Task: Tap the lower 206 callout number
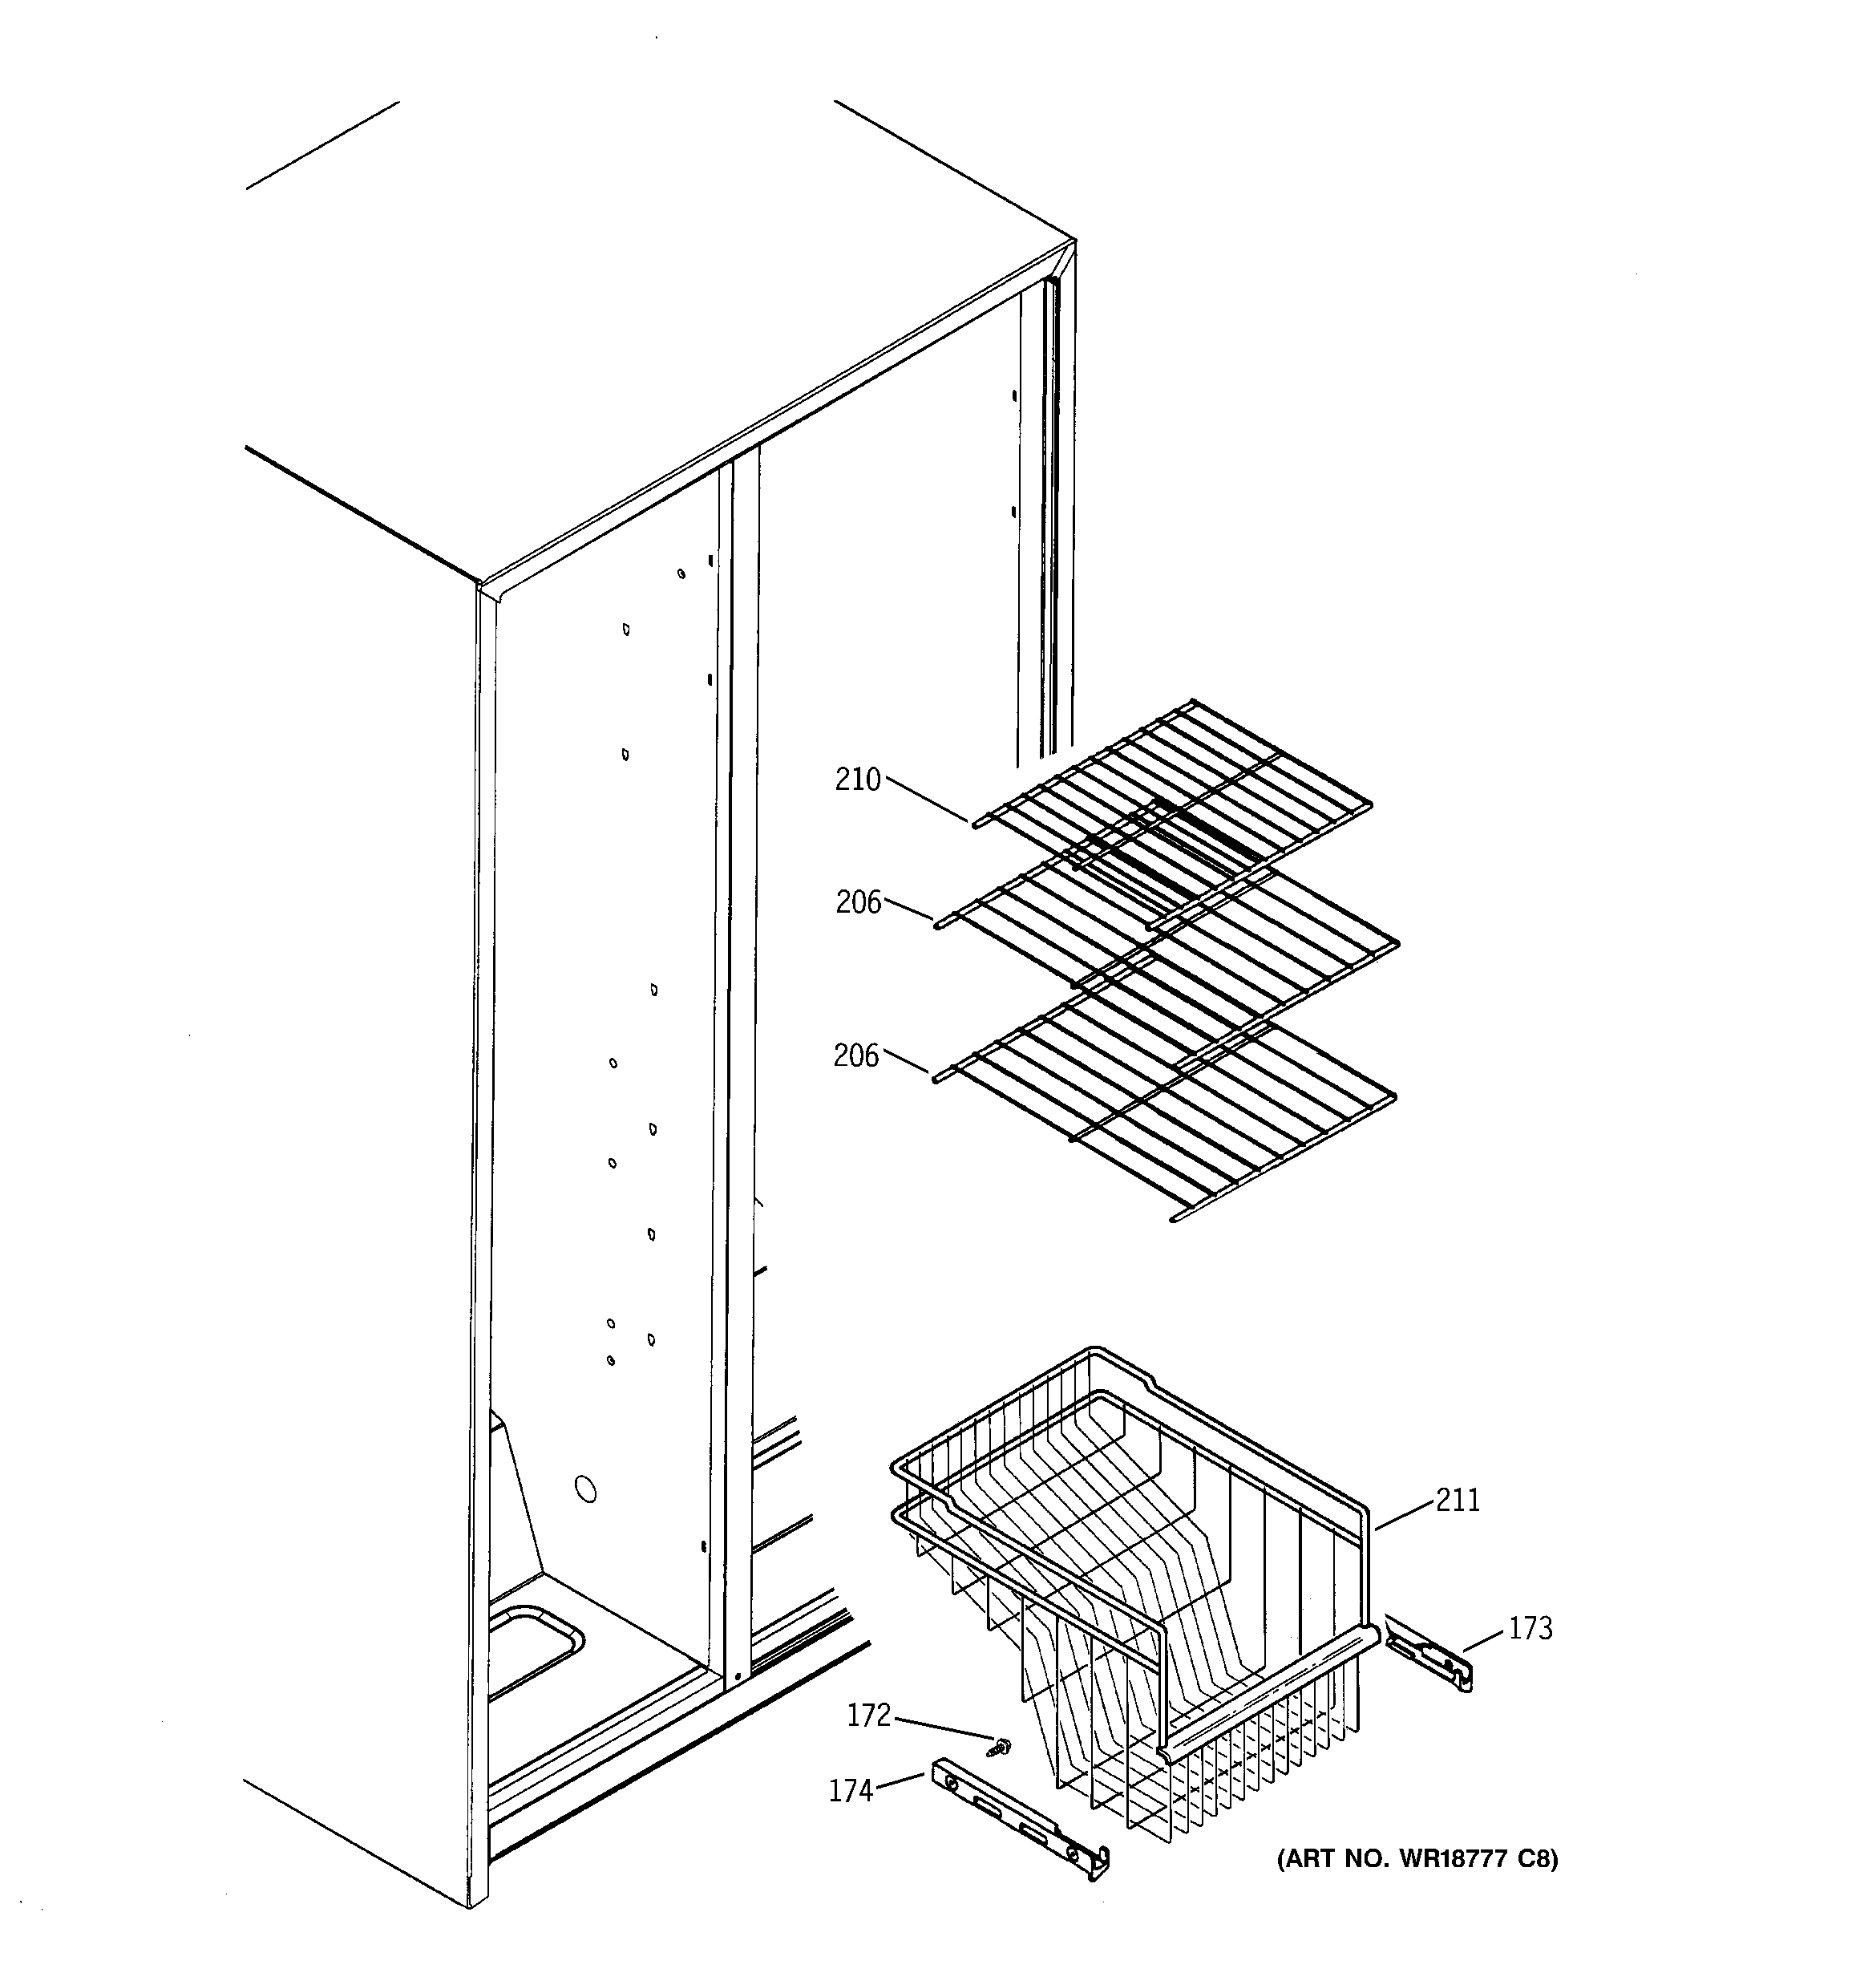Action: click(856, 1055)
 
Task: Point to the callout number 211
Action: click(1458, 1499)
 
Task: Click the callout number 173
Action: click(1530, 1629)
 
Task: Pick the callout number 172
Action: click(868, 1715)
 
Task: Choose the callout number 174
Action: click(851, 1791)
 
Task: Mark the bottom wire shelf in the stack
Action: click(1168, 1108)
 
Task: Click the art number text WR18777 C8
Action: click(1417, 1858)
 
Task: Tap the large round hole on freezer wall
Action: click(586, 1489)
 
